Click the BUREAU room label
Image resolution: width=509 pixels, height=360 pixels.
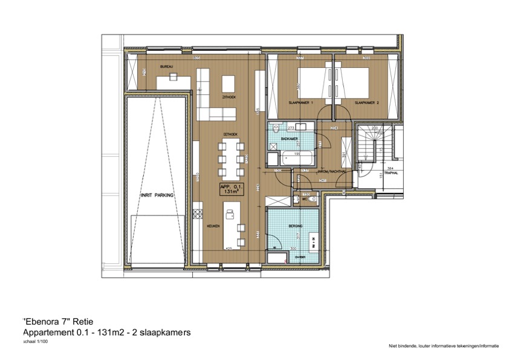point(167,66)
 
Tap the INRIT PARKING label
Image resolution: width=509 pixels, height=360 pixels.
point(157,195)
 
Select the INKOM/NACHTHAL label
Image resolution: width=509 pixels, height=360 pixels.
point(331,171)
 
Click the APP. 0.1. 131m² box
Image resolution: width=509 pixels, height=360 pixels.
point(231,189)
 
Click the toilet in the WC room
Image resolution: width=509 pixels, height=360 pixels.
point(313,198)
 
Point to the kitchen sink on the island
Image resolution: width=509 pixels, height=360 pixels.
point(230,213)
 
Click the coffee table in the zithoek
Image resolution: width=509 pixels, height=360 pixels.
point(229,82)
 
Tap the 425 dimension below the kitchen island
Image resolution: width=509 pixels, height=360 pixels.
point(229,248)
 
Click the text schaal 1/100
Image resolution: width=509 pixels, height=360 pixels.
point(36,342)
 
